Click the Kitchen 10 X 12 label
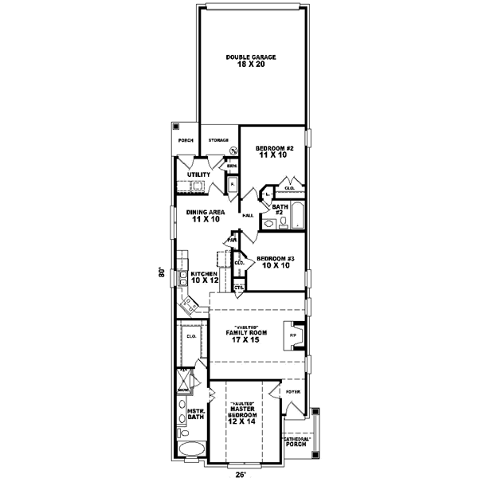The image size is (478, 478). (x=203, y=276)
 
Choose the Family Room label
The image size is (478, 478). (x=245, y=335)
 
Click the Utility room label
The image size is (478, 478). (x=198, y=174)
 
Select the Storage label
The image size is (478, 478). (x=219, y=140)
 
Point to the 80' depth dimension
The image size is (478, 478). (x=160, y=271)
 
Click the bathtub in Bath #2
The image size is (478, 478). (x=296, y=215)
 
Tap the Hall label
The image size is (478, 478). (x=248, y=215)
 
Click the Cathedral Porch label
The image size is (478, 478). (x=298, y=441)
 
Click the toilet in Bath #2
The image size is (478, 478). (x=272, y=225)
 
